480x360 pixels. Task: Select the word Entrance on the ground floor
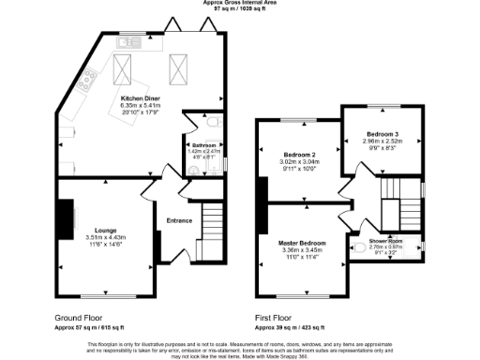click(x=178, y=220)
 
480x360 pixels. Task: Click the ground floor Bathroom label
click(x=204, y=145)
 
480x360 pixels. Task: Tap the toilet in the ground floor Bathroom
click(x=215, y=121)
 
